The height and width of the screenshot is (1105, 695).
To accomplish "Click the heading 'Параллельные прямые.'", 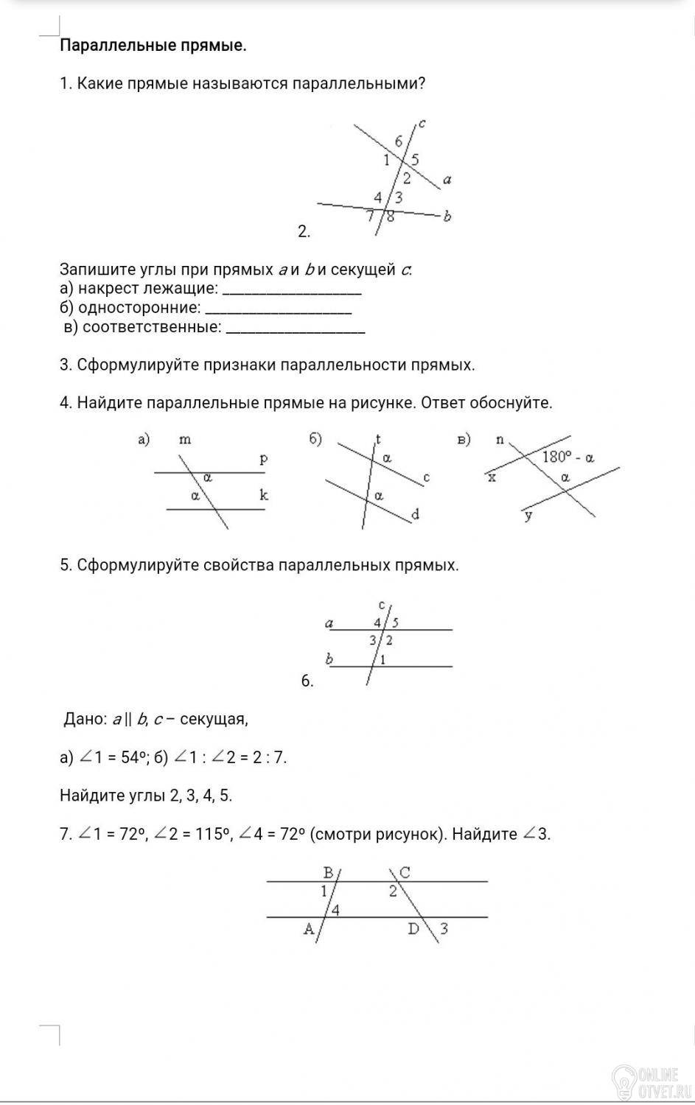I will pyautogui.click(x=153, y=46).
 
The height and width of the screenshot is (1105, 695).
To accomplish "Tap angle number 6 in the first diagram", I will pyautogui.click(x=399, y=141).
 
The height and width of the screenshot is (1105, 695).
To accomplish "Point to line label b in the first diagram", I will pyautogui.click(x=447, y=216).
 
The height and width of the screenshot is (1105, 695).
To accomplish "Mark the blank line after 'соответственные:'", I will pyautogui.click(x=295, y=329).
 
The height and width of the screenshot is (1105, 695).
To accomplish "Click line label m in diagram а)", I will pyautogui.click(x=185, y=440).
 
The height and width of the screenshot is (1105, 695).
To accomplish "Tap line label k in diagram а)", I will pyautogui.click(x=264, y=494).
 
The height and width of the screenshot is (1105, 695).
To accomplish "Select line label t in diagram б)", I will pyautogui.click(x=378, y=439).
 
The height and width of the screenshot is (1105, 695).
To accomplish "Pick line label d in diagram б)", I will pyautogui.click(x=415, y=515).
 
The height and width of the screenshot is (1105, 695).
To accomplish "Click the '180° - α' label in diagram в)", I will pyautogui.click(x=568, y=457).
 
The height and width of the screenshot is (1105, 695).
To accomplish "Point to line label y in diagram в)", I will pyautogui.click(x=528, y=516).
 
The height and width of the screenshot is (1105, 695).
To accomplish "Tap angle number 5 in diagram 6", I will pyautogui.click(x=395, y=622).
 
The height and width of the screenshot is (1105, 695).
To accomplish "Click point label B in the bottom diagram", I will pyautogui.click(x=329, y=873).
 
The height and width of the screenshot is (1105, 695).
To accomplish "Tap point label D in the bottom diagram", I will pyautogui.click(x=414, y=929).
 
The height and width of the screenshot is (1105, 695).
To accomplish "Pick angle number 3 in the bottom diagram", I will pyautogui.click(x=444, y=929).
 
